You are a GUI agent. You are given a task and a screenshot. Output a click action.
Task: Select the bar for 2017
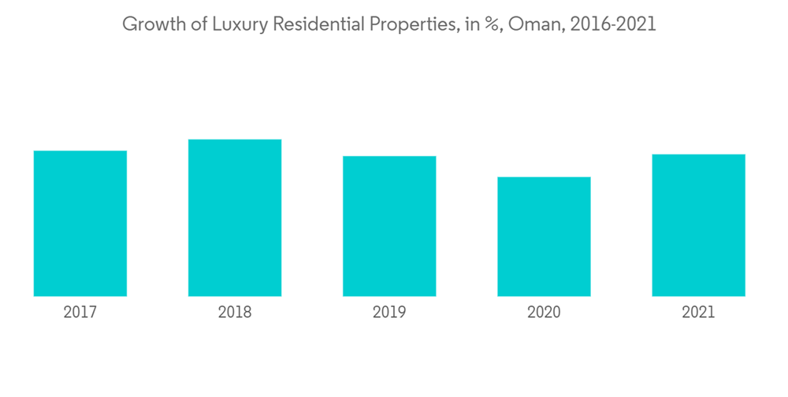point(80,224)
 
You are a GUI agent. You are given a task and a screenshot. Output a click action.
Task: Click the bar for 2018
point(235,218)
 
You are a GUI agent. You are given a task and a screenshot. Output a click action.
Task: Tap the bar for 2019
point(389,226)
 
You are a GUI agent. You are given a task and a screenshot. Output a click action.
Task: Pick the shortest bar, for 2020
point(544,237)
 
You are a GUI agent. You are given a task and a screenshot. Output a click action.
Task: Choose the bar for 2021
point(698,225)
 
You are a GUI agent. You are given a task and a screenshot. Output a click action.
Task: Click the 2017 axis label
point(80,313)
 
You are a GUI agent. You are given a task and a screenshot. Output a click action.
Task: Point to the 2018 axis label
point(235,313)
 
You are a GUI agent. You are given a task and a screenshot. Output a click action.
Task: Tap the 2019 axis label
point(389,313)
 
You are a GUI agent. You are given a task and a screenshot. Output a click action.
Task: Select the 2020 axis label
point(544,313)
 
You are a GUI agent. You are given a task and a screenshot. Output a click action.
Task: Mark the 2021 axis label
point(698,313)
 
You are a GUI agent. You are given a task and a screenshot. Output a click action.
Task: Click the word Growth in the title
point(150,24)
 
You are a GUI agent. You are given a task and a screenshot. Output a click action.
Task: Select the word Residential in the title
point(315,24)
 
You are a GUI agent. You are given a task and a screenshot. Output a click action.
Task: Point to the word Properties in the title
point(410,25)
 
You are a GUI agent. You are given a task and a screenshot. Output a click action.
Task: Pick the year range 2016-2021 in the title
point(613,24)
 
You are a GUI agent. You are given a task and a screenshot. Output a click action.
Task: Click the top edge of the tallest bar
point(235,140)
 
